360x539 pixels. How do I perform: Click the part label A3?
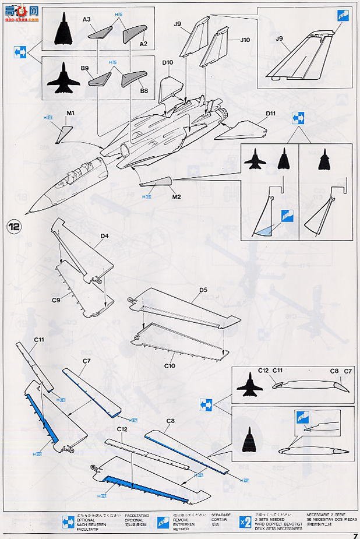point(87,19)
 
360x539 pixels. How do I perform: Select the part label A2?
point(143,43)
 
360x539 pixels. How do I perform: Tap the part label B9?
point(85,68)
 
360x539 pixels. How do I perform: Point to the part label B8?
point(144,91)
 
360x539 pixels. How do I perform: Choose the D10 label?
point(168,62)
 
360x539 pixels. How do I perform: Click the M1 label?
point(70,112)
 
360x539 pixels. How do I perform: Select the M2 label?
point(177,196)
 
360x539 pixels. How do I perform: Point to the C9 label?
point(56,300)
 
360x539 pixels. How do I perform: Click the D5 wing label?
point(203,290)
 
